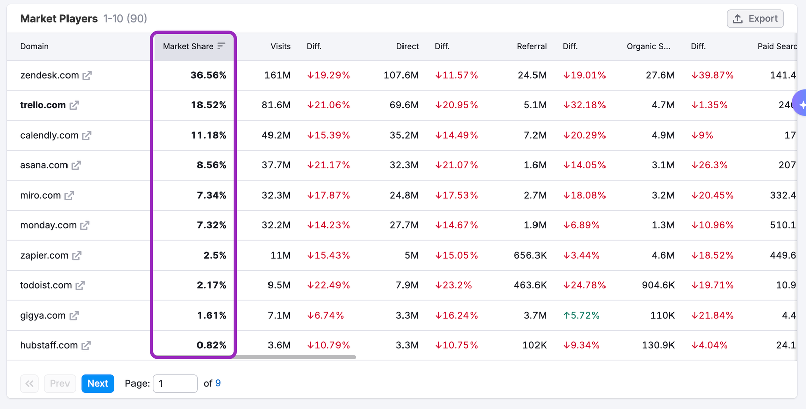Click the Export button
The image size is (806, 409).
(x=755, y=19)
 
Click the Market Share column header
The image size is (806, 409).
(x=188, y=46)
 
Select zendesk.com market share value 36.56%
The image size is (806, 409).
(x=208, y=75)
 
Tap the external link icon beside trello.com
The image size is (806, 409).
(x=74, y=105)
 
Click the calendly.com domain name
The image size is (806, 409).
(x=49, y=135)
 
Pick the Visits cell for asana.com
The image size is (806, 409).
(x=276, y=165)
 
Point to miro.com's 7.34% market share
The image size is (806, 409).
(x=211, y=195)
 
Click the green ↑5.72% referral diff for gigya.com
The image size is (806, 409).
(x=581, y=315)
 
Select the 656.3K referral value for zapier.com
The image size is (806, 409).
(x=530, y=255)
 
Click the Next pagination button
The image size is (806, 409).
(x=98, y=383)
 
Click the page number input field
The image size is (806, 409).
(x=175, y=383)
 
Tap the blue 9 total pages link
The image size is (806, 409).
(x=218, y=383)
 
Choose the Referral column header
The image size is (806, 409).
(x=531, y=46)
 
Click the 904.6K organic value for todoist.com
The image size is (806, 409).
(x=658, y=285)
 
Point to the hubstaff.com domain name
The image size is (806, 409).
(x=48, y=345)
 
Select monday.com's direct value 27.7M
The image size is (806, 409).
(x=404, y=225)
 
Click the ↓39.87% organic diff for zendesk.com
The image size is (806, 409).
(x=712, y=75)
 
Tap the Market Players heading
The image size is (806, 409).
(x=59, y=19)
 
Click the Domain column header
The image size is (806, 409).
(x=34, y=46)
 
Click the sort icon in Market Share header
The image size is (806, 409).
(x=221, y=46)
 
